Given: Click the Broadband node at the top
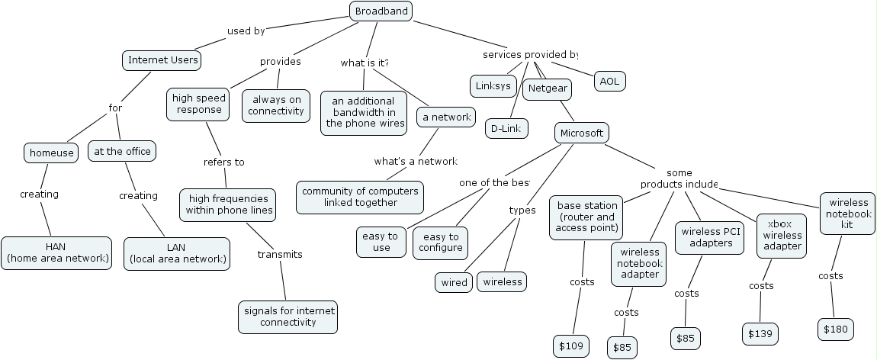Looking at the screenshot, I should [381, 11].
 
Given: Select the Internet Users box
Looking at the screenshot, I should [162, 60].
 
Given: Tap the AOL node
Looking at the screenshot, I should [609, 81].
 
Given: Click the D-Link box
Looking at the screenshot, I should [506, 128].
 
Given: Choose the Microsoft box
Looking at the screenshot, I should [581, 133].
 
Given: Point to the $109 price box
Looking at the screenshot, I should [570, 346].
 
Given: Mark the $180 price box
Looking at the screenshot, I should [835, 329].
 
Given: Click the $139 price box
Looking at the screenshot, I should [760, 333].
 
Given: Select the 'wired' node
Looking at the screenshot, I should [454, 282].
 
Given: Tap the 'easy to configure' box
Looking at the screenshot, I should [440, 242].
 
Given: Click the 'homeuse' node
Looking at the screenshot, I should [52, 153].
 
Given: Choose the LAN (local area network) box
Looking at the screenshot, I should [177, 253].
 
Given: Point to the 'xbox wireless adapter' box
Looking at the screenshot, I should [782, 236].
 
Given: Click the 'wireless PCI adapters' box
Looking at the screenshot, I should [711, 237].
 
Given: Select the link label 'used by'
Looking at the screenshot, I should [246, 31].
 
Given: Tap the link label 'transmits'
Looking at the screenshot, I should [280, 254].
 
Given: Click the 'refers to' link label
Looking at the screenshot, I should [223, 162].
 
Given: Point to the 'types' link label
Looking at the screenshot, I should [522, 210].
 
